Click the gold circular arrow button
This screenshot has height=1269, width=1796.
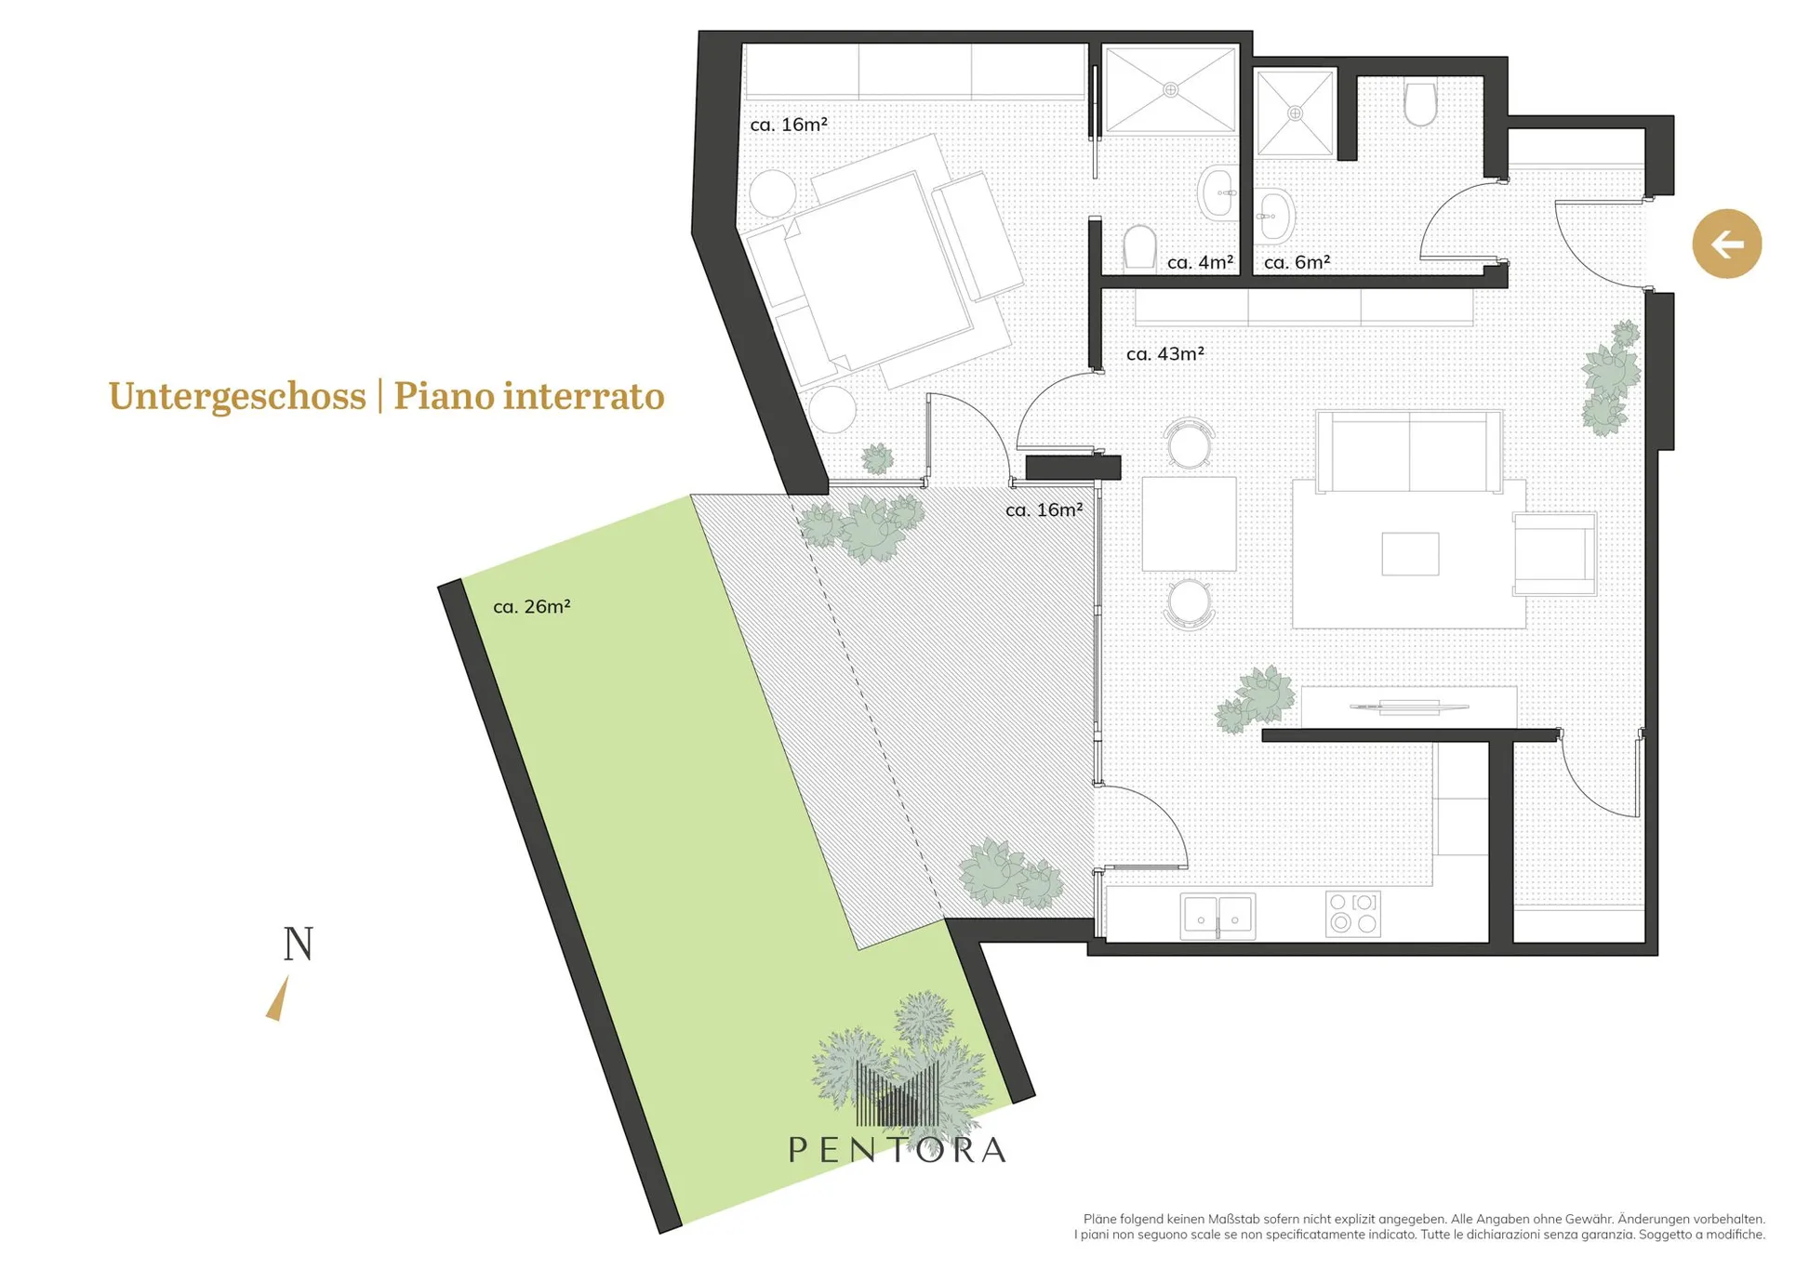[1726, 245]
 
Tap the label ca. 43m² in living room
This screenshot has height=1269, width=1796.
[1164, 354]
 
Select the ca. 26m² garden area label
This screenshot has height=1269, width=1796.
[531, 607]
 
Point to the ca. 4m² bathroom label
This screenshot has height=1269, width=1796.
[1200, 263]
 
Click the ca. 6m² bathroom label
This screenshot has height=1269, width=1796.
[1297, 263]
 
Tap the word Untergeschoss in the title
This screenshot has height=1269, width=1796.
[237, 396]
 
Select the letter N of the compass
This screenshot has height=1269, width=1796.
[299, 944]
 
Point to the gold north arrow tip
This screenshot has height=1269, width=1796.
[286, 976]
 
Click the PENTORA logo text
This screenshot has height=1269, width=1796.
[898, 1150]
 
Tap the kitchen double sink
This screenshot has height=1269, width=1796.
[1217, 916]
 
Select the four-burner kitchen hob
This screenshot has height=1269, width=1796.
[1352, 913]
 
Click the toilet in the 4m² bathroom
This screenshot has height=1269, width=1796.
[1139, 246]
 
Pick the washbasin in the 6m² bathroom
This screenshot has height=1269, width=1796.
[1273, 216]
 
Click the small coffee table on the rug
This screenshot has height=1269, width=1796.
[1410, 554]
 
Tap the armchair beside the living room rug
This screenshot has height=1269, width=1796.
[1554, 554]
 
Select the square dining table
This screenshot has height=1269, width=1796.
[1189, 523]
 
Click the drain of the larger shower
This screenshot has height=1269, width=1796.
[1171, 90]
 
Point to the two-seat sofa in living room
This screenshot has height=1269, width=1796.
[1409, 452]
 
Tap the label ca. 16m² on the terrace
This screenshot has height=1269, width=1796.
[1044, 510]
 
